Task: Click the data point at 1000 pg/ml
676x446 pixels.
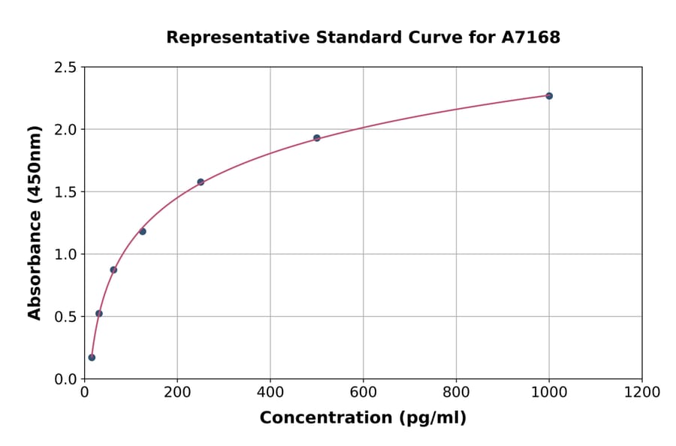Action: click(x=549, y=96)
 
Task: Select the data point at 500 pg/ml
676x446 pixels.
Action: click(x=317, y=138)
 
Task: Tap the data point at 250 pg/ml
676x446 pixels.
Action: click(x=201, y=182)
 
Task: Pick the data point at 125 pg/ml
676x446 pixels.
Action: click(x=143, y=231)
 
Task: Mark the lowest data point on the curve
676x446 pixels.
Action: click(x=92, y=357)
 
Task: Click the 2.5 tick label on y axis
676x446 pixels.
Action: click(x=66, y=68)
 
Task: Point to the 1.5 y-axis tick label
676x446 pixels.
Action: click(x=66, y=192)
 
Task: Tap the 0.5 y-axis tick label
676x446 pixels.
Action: click(x=66, y=317)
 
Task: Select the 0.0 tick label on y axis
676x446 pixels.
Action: click(x=66, y=379)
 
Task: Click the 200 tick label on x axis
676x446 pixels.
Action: click(x=177, y=393)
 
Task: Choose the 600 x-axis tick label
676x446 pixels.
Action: click(x=364, y=393)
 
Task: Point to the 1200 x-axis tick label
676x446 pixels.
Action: click(x=642, y=393)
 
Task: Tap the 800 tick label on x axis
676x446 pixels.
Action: click(x=456, y=393)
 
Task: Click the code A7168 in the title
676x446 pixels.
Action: click(x=531, y=38)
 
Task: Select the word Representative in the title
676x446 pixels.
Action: click(x=226, y=38)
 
